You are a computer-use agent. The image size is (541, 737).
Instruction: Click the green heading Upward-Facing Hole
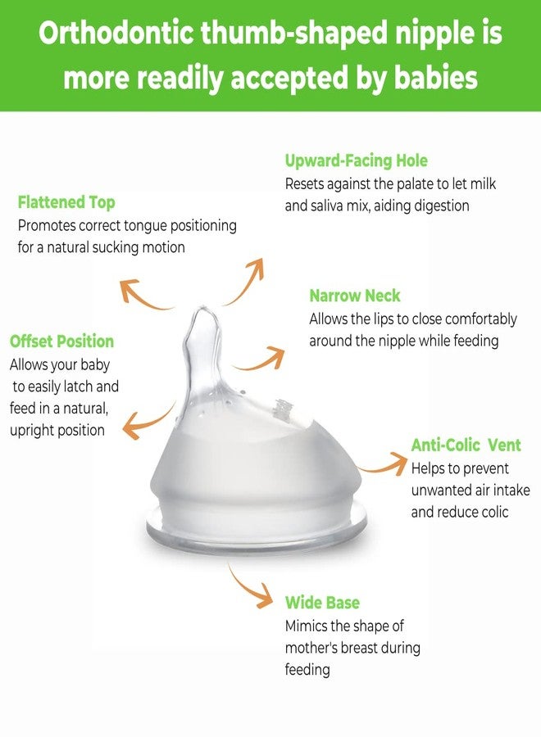click(356, 161)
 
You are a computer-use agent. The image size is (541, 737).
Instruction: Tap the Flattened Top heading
click(66, 202)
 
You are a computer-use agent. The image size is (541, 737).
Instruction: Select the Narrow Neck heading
click(355, 296)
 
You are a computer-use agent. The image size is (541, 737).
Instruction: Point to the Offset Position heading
click(61, 341)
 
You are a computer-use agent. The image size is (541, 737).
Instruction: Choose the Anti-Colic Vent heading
click(466, 445)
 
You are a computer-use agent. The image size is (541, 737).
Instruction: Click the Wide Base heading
click(322, 603)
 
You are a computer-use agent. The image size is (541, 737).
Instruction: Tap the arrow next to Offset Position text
click(148, 418)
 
